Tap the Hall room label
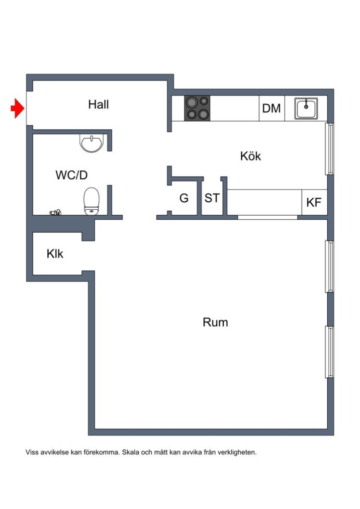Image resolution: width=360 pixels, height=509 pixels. pos(98,105)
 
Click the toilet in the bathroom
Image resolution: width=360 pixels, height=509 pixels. pos(91,201)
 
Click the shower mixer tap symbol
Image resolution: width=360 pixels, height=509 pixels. pos(56,213)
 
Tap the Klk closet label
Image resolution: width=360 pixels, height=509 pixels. pos(55,254)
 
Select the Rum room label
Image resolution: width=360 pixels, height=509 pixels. pos(215,322)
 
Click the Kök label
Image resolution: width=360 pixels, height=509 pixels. pos(250,156)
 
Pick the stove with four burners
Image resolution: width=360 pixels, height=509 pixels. pos(197,108)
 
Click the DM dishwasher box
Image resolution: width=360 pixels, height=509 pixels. pos(271,108)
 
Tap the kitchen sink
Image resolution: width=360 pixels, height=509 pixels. pos(306,108)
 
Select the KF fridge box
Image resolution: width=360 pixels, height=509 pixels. pos(314,202)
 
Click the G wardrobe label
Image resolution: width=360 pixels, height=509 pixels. pos(184,198)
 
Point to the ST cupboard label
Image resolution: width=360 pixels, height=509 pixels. pos(212,198)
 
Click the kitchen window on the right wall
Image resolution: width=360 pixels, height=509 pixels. pos(329,149)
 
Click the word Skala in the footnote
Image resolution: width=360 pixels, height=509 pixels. pos(130,453)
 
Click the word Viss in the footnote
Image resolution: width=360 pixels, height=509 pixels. pos(31,453)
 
